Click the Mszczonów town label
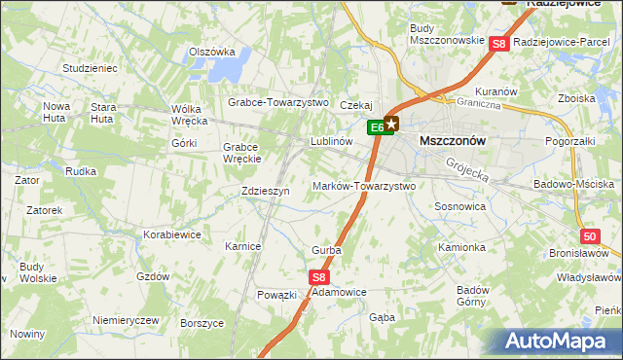pyautogui.click(x=452, y=140)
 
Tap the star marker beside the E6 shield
pyautogui.click(x=391, y=124)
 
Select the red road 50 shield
pyautogui.click(x=589, y=236)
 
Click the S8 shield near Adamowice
pyautogui.click(x=320, y=277)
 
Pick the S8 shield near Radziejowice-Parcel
pyautogui.click(x=498, y=43)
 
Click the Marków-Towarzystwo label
pyautogui.click(x=364, y=186)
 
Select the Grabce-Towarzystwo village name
pyautogui.click(x=279, y=102)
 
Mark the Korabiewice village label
pyautogui.click(x=171, y=234)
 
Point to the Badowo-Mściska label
pyautogui.click(x=574, y=184)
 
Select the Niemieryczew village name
pyautogui.click(x=125, y=320)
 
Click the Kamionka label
pyautogui.click(x=461, y=247)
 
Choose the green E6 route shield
pyautogui.click(x=377, y=126)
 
